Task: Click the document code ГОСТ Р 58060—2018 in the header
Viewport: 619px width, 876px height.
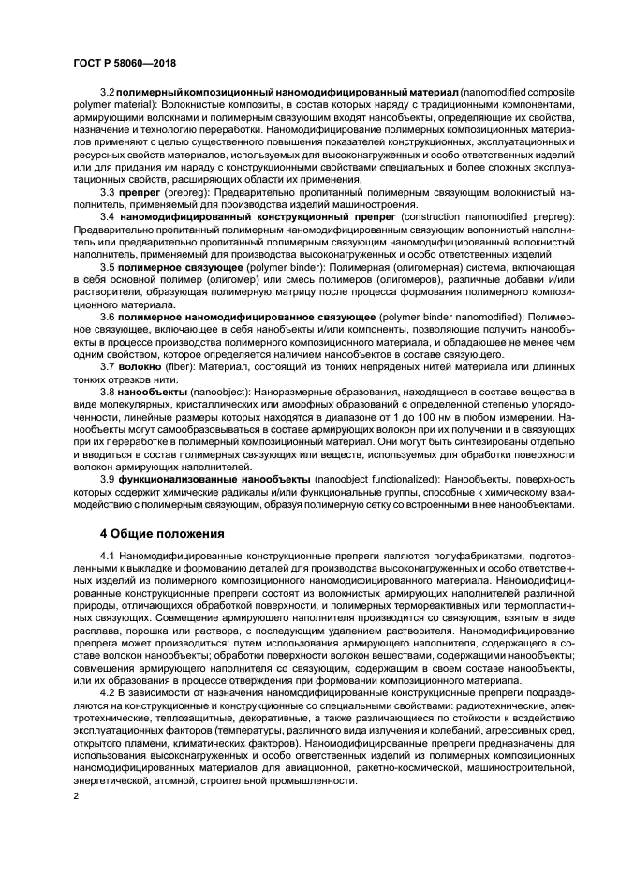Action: point(125,63)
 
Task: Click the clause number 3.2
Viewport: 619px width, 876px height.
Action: point(107,94)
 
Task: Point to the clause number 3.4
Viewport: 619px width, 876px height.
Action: point(107,216)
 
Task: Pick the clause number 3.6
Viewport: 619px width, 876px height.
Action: point(107,318)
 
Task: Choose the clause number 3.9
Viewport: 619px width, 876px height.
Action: point(107,478)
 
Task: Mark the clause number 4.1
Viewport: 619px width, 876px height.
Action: point(107,557)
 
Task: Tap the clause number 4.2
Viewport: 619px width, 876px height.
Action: point(107,690)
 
